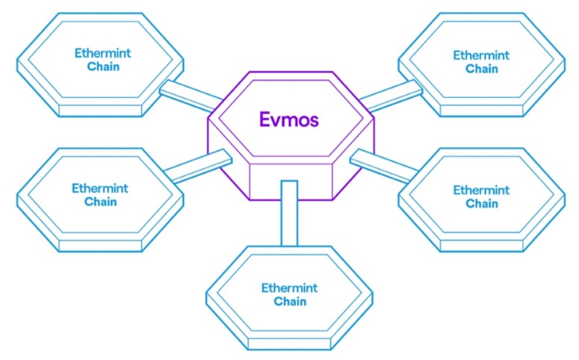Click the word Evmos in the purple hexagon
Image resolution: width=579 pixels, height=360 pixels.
point(288,120)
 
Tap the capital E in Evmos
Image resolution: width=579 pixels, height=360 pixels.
point(264,120)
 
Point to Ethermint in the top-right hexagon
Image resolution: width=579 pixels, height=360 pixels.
point(482,56)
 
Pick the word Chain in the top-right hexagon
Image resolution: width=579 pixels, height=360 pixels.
point(482,69)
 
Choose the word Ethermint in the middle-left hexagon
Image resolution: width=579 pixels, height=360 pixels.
point(100,188)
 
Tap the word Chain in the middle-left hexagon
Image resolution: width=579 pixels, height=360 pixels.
point(100,201)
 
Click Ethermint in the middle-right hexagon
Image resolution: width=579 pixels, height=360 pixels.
point(482,190)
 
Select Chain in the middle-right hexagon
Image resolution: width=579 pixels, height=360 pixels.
point(482,203)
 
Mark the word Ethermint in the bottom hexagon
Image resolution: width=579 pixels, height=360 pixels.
point(290,288)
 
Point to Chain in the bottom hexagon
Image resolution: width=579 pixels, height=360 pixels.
point(290,301)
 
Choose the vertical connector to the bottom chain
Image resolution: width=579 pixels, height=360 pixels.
point(289,213)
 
